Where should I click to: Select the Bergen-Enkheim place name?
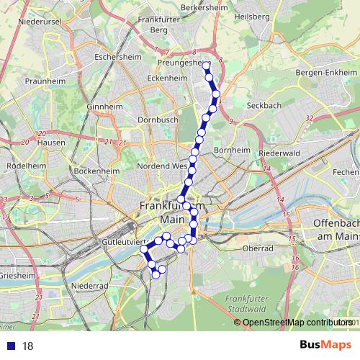[x=327, y=73]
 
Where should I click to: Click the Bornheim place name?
[x=230, y=150]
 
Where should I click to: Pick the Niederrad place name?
[x=90, y=286]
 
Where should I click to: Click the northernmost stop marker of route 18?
[x=207, y=66]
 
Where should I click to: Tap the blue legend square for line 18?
[x=10, y=346]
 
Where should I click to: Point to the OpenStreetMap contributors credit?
[x=295, y=323]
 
